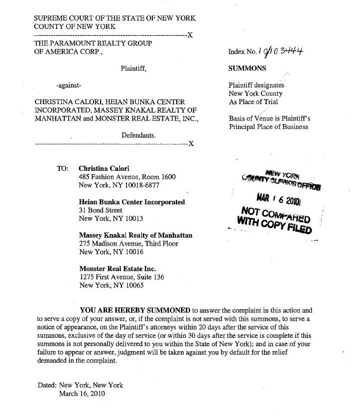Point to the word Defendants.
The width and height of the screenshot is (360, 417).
pos(139,135)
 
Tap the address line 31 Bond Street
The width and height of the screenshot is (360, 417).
pos(101,210)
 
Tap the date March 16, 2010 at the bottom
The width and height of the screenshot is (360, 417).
pos(82,394)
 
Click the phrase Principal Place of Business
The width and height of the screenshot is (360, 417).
pos(268,127)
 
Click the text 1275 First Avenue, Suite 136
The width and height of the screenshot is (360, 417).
pos(121,278)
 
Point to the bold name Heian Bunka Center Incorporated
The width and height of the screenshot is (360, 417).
pos(132,202)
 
